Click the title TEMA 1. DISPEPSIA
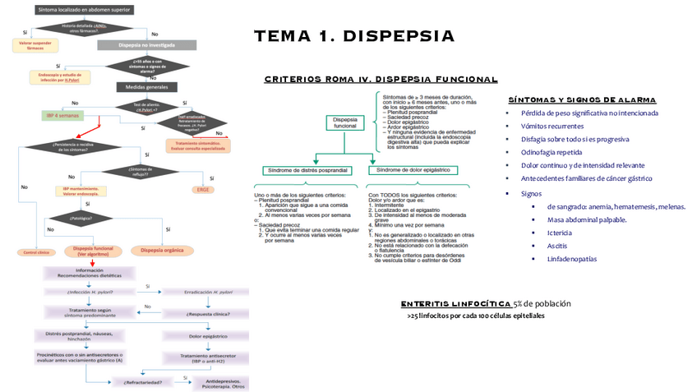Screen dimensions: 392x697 (353, 36)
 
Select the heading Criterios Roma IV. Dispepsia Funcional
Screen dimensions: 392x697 (381, 79)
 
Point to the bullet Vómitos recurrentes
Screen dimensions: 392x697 (552, 126)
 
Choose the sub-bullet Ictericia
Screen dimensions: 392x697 (560, 233)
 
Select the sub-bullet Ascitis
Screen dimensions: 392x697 (556, 246)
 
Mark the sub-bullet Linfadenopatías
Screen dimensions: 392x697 (572, 259)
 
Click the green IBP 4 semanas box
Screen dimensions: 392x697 (63, 117)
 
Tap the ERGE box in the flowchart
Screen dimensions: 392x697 (203, 189)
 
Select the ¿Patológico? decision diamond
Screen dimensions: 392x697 (80, 219)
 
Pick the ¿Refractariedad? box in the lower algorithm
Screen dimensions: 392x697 (142, 382)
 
